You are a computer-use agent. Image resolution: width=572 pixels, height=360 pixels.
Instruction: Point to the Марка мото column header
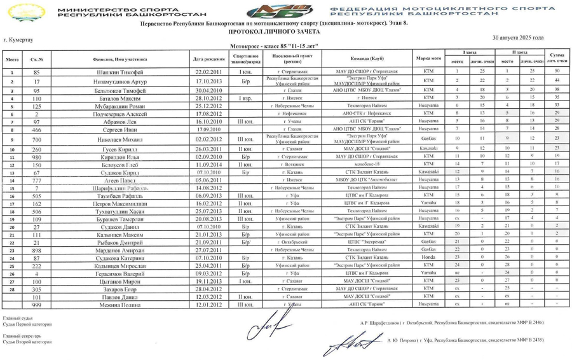click(x=429, y=59)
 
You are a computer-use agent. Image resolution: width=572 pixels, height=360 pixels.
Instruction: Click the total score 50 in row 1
click(x=557, y=72)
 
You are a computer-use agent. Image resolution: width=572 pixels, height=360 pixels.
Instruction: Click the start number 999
click(x=37, y=305)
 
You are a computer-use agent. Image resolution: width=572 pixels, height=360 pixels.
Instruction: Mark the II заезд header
click(x=519, y=52)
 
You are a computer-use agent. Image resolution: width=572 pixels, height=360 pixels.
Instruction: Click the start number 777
click(x=37, y=180)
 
